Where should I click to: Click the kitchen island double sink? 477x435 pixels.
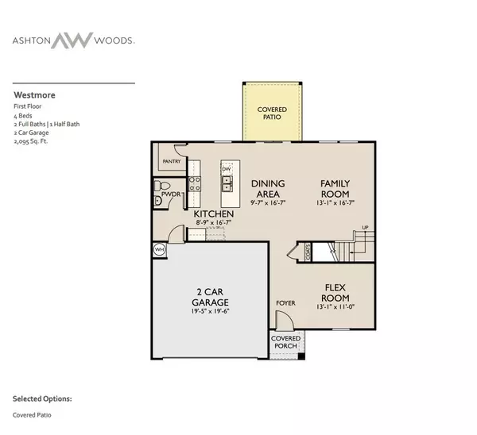click(x=227, y=185)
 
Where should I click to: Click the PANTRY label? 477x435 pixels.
click(x=172, y=161)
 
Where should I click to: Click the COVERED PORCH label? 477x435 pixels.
click(x=286, y=343)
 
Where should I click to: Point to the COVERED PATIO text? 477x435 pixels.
click(x=272, y=114)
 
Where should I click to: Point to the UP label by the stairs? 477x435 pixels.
click(x=365, y=228)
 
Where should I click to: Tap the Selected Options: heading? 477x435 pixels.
click(x=42, y=398)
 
